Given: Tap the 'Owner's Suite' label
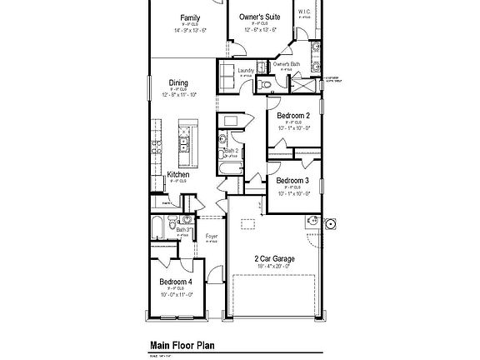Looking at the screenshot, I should (259, 17).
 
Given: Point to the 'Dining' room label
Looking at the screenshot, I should (178, 82).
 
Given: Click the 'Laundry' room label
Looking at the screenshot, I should (246, 71).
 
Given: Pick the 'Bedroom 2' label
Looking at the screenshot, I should (293, 115).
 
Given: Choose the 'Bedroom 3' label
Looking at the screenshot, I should (293, 180).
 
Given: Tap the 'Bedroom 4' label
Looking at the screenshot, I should (176, 282).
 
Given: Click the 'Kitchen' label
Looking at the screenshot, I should (178, 175).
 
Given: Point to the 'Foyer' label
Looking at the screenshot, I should (212, 237).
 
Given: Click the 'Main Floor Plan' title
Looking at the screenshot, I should (182, 343).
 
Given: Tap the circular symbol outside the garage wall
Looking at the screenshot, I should (330, 223).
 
